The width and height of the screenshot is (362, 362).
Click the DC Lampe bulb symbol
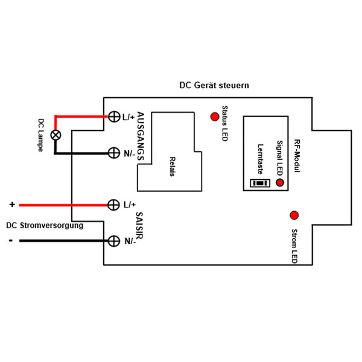click(56, 135)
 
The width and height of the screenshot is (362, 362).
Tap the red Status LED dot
click(215, 116)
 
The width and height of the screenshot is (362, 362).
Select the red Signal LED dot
click(280, 183)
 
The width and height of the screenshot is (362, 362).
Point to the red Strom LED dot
click(294, 215)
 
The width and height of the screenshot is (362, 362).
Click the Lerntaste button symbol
click(260, 183)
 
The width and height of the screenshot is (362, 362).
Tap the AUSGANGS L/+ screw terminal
click(114, 116)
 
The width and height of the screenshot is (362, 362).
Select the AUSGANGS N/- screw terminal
click(114, 153)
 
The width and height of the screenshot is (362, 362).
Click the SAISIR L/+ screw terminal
click(113, 205)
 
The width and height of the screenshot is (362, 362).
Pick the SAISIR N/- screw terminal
click(114, 241)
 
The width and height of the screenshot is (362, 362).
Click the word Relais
click(173, 167)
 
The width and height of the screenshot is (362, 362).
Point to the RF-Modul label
click(297, 156)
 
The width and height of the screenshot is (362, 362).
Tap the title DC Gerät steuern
click(214, 86)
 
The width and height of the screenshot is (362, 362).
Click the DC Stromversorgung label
click(45, 225)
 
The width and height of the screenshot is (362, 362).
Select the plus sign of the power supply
click(12, 205)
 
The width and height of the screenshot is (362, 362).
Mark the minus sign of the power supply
click(11, 241)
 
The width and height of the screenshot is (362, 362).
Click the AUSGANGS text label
click(141, 136)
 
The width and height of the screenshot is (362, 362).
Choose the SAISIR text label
click(139, 226)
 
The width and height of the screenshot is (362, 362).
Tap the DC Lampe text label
click(41, 135)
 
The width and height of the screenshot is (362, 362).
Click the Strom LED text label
click(294, 246)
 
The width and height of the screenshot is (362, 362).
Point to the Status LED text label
click(224, 124)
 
